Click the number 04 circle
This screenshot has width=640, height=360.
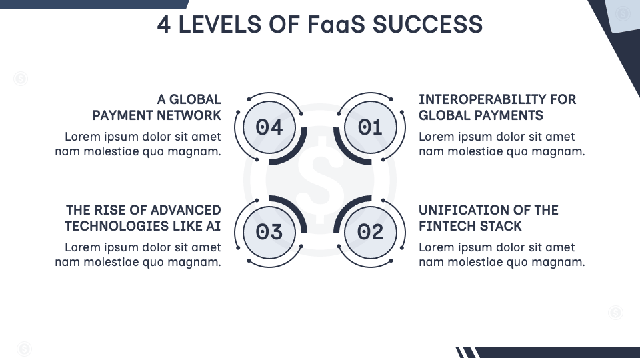pyautogui.click(x=269, y=127)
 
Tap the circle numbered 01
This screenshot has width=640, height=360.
pyautogui.click(x=370, y=127)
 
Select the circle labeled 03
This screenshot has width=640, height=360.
pyautogui.click(x=269, y=231)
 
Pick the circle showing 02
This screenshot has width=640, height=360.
pyautogui.click(x=370, y=231)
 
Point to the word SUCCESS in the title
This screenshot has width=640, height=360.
pyautogui.click(x=427, y=25)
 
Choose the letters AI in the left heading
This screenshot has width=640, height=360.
pyautogui.click(x=213, y=226)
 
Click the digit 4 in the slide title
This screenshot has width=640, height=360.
pyautogui.click(x=164, y=25)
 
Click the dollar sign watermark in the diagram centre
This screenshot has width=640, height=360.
pyautogui.click(x=320, y=179)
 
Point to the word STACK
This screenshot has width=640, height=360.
pyautogui.click(x=501, y=226)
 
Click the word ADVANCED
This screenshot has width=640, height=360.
pyautogui.click(x=185, y=210)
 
